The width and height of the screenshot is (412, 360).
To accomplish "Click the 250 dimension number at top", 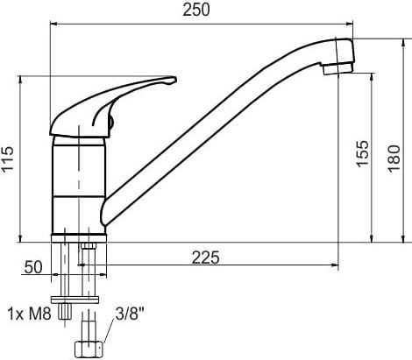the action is coord(196,10).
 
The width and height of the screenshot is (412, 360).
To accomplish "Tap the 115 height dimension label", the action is coord(7,159).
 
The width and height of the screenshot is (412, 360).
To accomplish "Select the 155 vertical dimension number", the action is coord(363,154).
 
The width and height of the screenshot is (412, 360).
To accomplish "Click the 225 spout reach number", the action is coord(205,258).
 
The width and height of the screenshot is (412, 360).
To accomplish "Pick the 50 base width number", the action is coord(33,267).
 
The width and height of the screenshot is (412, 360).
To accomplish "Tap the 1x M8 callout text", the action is coord(29,314).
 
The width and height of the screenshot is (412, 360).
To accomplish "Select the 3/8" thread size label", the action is coord(130,314).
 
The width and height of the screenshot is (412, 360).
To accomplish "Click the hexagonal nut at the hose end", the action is coord(89,349).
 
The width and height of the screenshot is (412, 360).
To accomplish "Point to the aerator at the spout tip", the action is coord(338,69).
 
